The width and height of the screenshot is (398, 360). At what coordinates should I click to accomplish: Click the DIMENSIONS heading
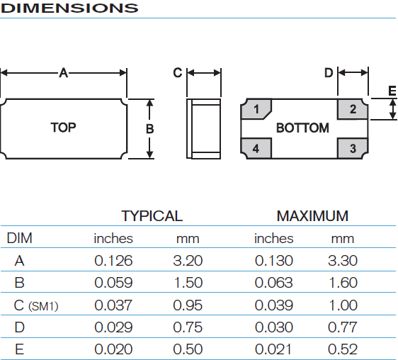(69, 8)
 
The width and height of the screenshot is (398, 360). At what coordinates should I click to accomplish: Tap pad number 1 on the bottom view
(256, 109)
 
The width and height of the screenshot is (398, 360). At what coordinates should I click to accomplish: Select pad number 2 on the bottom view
(353, 109)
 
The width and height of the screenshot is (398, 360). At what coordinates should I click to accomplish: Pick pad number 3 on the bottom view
(353, 148)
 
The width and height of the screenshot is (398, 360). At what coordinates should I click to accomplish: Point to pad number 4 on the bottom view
(256, 148)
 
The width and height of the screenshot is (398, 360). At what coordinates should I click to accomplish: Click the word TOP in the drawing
(63, 128)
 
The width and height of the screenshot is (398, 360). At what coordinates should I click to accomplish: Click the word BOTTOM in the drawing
(302, 128)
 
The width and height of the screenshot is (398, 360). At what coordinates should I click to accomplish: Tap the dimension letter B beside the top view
(149, 129)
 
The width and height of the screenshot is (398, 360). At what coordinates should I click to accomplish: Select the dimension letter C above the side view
(178, 73)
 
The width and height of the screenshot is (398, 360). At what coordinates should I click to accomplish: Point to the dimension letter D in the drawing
(329, 73)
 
